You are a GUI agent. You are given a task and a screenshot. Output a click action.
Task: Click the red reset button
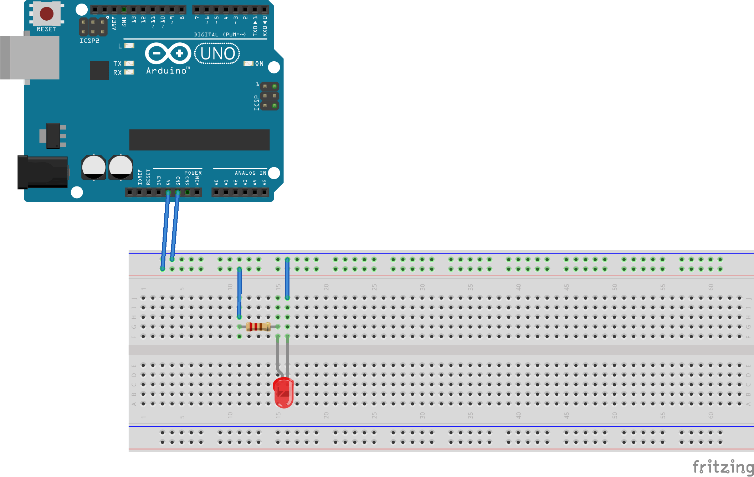47,14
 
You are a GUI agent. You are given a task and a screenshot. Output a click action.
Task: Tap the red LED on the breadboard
283,393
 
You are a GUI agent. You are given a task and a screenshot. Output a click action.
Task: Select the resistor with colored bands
258,327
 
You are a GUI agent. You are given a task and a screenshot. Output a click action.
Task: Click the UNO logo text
217,54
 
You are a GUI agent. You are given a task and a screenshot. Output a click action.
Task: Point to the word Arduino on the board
166,71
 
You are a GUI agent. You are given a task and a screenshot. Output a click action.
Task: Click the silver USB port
30,57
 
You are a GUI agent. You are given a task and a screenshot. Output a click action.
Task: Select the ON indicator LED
248,64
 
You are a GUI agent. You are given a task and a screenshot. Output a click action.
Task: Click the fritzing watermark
723,467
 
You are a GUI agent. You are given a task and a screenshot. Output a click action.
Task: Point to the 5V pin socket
168,193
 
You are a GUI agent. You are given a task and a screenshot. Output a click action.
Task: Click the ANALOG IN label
250,173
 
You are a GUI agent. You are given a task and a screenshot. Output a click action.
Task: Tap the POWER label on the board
193,173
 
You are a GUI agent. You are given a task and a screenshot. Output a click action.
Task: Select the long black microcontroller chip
199,140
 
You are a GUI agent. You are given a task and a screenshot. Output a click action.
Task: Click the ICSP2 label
89,41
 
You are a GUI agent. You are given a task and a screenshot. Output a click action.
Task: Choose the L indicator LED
129,46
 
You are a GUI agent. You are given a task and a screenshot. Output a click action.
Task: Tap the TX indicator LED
129,63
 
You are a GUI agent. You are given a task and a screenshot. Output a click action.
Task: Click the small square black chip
99,71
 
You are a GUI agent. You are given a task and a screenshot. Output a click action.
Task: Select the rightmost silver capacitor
121,167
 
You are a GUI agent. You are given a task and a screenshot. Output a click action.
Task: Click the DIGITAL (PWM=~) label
220,35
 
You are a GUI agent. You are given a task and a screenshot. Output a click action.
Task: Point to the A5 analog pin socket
265,193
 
